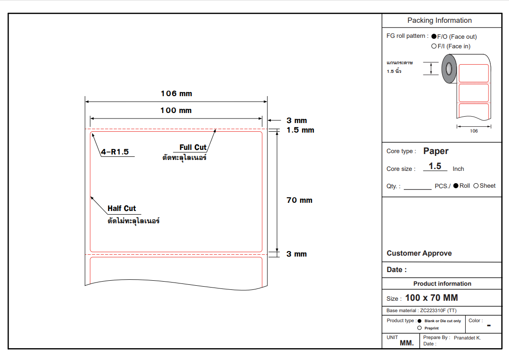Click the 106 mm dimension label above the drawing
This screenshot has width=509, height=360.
(176, 94)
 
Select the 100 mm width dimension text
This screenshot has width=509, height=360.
(176, 110)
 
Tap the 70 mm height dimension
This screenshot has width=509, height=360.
(299, 200)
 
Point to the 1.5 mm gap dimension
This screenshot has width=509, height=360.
(300, 130)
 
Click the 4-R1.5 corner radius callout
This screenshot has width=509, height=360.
(115, 152)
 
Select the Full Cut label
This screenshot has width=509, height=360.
(193, 147)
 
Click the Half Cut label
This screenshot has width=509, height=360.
(122, 208)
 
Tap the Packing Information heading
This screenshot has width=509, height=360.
(439, 21)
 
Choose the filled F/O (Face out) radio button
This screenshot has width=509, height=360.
(434, 36)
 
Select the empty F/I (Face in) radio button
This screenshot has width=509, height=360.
(434, 46)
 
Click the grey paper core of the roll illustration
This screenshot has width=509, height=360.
(449, 69)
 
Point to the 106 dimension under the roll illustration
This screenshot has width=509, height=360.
(474, 131)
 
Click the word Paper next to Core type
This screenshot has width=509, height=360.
(436, 151)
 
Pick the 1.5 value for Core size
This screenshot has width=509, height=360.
(435, 166)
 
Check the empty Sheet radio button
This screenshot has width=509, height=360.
(476, 185)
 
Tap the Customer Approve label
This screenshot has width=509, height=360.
(419, 253)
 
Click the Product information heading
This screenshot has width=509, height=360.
(442, 283)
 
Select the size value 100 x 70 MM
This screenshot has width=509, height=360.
(431, 298)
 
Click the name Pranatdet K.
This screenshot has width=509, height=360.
(467, 338)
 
